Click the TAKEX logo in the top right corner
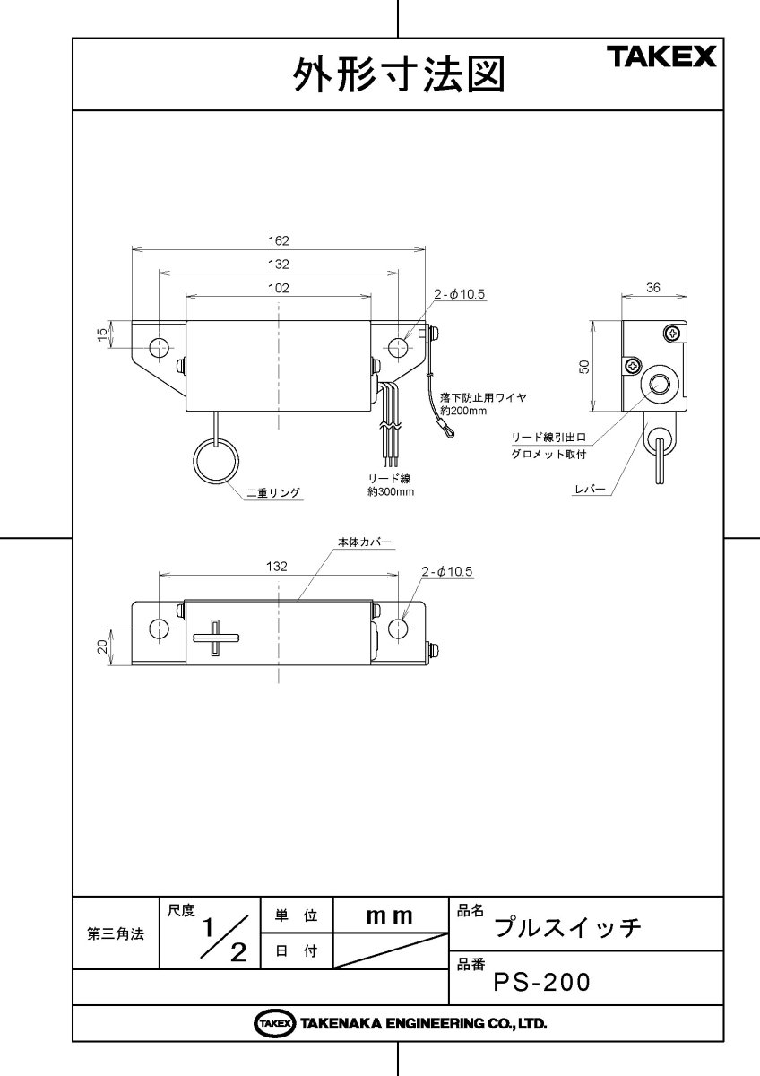click(662, 57)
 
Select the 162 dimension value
click(278, 240)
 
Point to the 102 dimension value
click(278, 288)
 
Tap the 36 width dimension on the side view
click(653, 288)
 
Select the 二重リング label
click(272, 491)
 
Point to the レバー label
click(592, 490)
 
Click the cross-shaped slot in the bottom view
click(215, 638)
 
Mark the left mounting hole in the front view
click(160, 347)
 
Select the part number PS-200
click(542, 983)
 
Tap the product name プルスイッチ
click(568, 926)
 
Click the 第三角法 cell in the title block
click(116, 933)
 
